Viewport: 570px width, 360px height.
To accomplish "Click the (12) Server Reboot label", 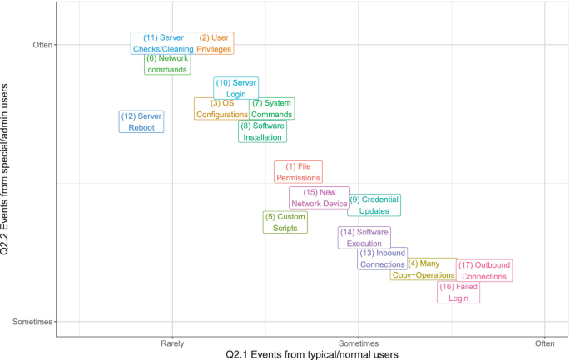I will pyautogui.click(x=141, y=122).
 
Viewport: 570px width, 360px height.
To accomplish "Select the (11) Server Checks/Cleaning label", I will pyautogui.click(x=163, y=43).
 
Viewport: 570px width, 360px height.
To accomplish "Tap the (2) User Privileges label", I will pyautogui.click(x=216, y=43).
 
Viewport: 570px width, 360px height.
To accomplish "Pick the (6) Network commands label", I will pyautogui.click(x=166, y=64).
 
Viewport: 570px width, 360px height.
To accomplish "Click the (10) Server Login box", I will pyautogui.click(x=236, y=88).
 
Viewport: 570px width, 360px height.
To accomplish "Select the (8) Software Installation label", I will pyautogui.click(x=263, y=131).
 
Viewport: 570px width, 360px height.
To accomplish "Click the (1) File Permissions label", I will pyautogui.click(x=298, y=172).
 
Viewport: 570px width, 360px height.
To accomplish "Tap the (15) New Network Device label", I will pyautogui.click(x=320, y=198).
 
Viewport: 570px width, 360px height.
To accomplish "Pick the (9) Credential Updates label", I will pyautogui.click(x=374, y=205).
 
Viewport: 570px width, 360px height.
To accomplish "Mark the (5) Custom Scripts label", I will pyautogui.click(x=285, y=222).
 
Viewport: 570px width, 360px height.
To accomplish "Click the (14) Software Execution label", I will pyautogui.click(x=364, y=238).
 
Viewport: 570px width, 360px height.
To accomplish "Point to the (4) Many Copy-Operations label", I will pyautogui.click(x=424, y=269).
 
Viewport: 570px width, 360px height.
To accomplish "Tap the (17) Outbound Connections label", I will pyautogui.click(x=484, y=270).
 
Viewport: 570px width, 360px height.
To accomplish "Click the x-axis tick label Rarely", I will pyautogui.click(x=172, y=343).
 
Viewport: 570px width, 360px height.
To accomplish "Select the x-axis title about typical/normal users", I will pyautogui.click(x=312, y=354).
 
